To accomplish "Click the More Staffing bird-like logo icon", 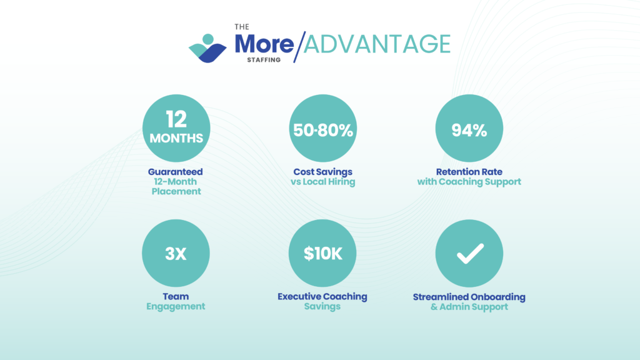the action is [x=207, y=48].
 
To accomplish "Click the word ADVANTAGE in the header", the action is [x=377, y=44].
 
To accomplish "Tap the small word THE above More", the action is [x=242, y=27].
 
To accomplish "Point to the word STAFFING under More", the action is [x=264, y=59].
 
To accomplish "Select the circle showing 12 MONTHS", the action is [x=176, y=128].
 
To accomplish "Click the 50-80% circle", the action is [x=323, y=128].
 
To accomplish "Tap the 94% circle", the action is [x=469, y=128].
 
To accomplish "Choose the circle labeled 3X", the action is [x=176, y=253].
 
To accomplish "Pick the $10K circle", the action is [x=322, y=253].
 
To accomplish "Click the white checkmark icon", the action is [x=470, y=254].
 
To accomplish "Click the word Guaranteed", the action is [x=176, y=172].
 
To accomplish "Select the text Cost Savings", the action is [x=323, y=172].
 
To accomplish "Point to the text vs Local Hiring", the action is [x=323, y=182].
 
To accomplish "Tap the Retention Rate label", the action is [x=469, y=172].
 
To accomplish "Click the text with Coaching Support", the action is [x=469, y=182].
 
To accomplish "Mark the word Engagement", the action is [x=176, y=306].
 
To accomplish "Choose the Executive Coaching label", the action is [x=322, y=297].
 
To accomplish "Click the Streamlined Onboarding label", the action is [x=469, y=297].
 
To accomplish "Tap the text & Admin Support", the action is [x=469, y=307].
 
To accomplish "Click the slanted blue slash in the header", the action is [x=299, y=47].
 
